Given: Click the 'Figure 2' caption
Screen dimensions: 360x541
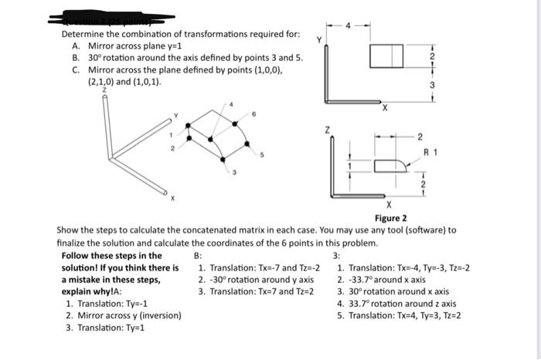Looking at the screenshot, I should tap(390, 218).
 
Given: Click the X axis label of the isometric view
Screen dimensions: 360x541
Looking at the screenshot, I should tap(173, 198).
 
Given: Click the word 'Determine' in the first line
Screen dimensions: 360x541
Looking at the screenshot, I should tap(84, 35).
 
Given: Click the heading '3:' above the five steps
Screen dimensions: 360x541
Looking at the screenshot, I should tap(335, 256).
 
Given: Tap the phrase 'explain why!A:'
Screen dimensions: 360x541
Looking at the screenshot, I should tap(91, 292).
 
